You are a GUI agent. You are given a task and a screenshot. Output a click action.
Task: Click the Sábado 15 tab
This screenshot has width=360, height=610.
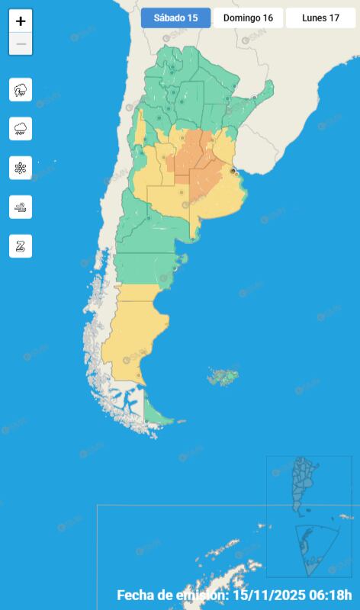tap(175, 18)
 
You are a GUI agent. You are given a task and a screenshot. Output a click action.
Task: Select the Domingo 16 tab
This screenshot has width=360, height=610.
tap(248, 18)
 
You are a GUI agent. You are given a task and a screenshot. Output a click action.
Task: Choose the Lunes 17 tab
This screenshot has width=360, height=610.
tap(320, 18)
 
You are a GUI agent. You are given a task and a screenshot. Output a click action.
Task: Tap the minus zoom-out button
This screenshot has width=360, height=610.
tap(21, 44)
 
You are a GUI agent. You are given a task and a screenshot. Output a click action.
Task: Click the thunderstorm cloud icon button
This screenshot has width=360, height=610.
tap(21, 90)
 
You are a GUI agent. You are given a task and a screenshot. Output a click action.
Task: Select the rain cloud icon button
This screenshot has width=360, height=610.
tap(21, 129)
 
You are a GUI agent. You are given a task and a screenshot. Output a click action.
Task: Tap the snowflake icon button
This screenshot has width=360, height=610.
tap(21, 168)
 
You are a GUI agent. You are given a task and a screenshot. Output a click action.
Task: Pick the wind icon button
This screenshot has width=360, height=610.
tap(21, 207)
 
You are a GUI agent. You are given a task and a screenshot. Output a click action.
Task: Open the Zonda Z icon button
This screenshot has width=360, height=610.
tap(21, 246)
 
